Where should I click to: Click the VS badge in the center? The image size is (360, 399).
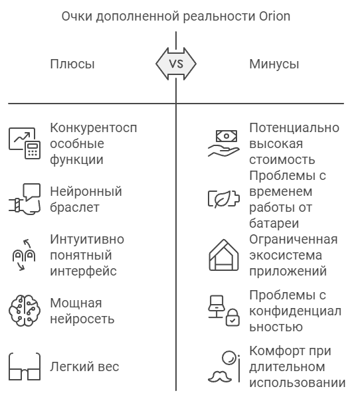coord(176,64)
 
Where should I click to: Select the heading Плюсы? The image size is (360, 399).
coord(72,64)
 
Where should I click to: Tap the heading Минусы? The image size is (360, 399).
coord(274,64)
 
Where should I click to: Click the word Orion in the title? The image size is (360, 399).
coord(275,17)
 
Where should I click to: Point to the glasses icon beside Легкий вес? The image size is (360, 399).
coord(25,366)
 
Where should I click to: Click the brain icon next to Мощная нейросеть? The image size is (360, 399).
coord(25,311)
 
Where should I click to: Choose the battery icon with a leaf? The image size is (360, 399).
coord(224,199)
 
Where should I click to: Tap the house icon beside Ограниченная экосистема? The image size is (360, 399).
coord(224,255)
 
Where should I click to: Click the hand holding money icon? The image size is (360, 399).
coord(224,143)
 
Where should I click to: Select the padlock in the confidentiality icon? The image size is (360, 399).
coord(232,317)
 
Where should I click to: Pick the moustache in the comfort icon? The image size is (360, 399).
coord(220,377)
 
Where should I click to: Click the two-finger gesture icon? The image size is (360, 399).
coord(24,255)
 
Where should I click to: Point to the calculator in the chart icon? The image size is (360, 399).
coord(33,150)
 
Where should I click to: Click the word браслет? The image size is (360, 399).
coord(74,207)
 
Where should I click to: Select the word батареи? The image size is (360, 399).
coord(274,224)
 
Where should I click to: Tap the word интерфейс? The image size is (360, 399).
coord(83,271)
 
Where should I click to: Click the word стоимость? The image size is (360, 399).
coord(282,160)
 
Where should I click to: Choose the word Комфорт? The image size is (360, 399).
coord(278,351)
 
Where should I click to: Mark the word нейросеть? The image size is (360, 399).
coord(82,319)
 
